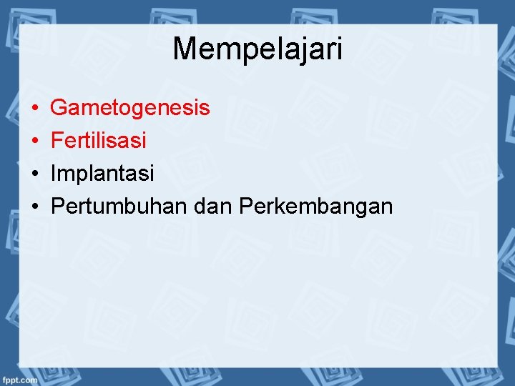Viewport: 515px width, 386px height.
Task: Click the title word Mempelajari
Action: tap(257, 49)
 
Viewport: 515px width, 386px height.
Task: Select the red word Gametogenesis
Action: tap(130, 108)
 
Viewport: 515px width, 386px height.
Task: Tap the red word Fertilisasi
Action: tap(99, 140)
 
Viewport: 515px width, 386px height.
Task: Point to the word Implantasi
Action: tap(102, 173)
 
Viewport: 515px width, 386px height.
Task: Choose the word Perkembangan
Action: tap(315, 207)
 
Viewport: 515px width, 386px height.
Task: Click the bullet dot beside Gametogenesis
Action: tap(34, 109)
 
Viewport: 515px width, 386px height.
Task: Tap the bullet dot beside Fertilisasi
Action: tap(34, 141)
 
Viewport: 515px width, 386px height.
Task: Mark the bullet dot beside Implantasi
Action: tap(34, 174)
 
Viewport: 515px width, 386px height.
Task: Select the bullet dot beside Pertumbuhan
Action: tap(34, 207)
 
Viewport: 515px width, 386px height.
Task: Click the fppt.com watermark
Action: tap(19, 380)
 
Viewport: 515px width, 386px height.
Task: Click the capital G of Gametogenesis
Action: tap(59, 108)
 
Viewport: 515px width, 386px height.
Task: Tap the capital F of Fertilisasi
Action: tap(57, 140)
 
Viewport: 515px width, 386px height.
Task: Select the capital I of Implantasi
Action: tap(54, 173)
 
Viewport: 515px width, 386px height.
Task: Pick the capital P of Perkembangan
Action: tap(246, 207)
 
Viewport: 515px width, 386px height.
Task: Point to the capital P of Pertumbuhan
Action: tap(57, 207)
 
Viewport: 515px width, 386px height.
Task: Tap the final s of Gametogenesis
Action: tap(205, 109)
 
